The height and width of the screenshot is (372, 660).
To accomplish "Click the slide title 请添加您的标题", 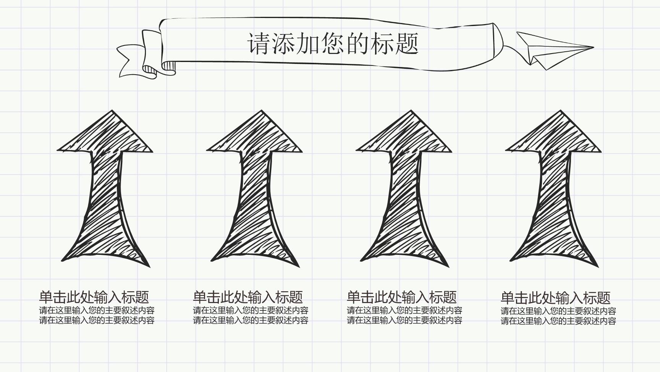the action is pos(333,43).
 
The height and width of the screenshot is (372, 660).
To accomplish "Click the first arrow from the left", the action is pos(105,189).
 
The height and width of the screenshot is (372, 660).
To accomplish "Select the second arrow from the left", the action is pos(254,189).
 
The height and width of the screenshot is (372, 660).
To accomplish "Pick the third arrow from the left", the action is pos(404,189).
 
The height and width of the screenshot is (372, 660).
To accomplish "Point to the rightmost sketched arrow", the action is pos(553,189).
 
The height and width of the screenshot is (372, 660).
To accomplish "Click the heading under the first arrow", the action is pos(94,297).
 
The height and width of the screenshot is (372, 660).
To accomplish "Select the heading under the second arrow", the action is pos(248,297).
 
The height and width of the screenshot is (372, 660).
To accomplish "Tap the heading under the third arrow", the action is pos(402,297).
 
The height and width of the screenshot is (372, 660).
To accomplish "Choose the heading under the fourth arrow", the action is pos(556,298).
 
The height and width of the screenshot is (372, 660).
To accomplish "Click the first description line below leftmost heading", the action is pos(97,310).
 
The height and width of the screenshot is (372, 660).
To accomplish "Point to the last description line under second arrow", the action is pos(251,320).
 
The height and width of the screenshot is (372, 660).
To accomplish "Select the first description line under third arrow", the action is pos(404,310).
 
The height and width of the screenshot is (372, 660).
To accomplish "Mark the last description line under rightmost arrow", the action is pos(558,321).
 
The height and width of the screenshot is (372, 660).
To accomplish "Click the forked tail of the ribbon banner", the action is pos(132,61).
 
